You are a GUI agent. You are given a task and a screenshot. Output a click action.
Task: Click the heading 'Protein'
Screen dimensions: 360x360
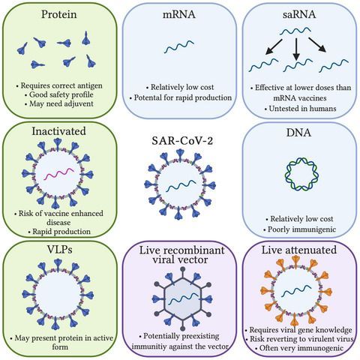tap(58, 15)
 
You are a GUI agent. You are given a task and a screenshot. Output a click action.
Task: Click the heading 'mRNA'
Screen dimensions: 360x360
tap(180, 15)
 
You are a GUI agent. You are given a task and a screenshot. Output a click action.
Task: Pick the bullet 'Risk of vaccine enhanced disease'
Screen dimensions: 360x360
tap(58, 220)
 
